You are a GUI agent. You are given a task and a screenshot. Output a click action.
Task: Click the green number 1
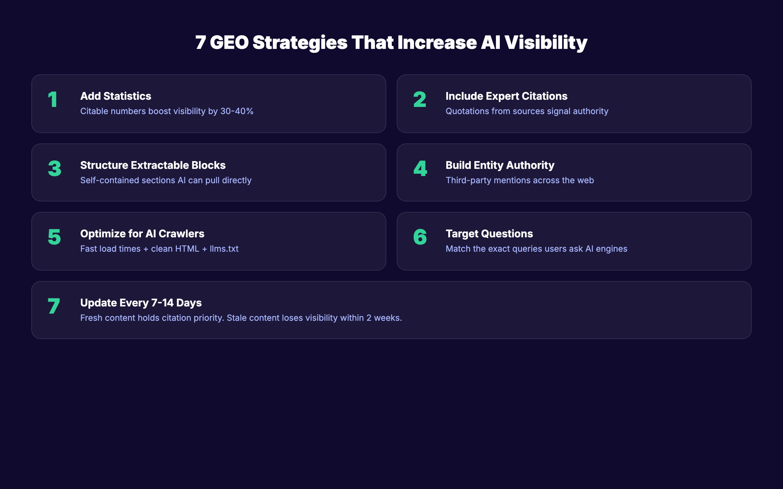[53, 99]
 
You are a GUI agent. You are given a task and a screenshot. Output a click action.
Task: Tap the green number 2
[420, 99]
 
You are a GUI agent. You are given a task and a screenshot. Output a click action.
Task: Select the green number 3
[54, 169]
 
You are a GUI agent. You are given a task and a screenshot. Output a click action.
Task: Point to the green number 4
[420, 169]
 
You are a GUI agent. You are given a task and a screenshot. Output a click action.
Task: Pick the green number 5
[54, 237]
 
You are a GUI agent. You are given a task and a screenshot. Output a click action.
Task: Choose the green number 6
[420, 237]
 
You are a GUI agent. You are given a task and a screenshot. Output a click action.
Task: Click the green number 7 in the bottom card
[54, 306]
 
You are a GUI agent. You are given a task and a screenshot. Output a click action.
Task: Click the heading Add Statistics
[115, 96]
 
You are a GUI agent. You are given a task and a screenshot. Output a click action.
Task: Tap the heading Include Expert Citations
[506, 96]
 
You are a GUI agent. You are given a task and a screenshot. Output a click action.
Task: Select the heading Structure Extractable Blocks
[153, 165]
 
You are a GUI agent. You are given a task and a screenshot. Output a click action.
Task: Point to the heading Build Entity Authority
[500, 165]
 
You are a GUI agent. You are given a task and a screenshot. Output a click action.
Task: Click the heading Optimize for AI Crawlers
[142, 234]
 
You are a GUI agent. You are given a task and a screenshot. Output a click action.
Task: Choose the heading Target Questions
[489, 234]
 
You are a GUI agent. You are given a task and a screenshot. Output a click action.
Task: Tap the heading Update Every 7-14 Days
[141, 303]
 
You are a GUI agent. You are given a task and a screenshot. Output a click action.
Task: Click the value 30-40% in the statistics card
[237, 111]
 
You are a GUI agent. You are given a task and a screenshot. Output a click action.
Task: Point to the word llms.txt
[224, 249]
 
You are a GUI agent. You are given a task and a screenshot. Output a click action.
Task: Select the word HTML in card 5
[187, 249]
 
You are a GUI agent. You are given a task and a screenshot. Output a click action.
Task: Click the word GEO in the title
[229, 43]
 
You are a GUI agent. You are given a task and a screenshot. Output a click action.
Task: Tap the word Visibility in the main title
[546, 43]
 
